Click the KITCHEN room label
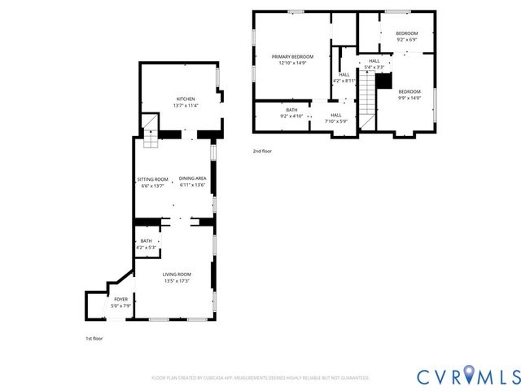pos(185,99)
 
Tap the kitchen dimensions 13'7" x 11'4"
pos(185,105)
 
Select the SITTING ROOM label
pos(153,178)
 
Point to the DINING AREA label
pos(192,178)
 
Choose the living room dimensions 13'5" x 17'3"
pos(177,281)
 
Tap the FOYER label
pos(120,299)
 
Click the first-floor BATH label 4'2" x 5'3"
pos(146,241)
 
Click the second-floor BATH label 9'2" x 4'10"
pos(291,109)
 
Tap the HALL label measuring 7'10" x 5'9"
pos(335,115)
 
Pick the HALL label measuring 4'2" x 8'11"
pos(344,75)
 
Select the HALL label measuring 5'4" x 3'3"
pos(374,60)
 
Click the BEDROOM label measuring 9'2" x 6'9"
pos(407,33)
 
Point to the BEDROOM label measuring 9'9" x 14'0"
pos(409,91)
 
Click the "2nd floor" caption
pos(262,152)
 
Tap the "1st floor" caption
pos(94,338)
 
